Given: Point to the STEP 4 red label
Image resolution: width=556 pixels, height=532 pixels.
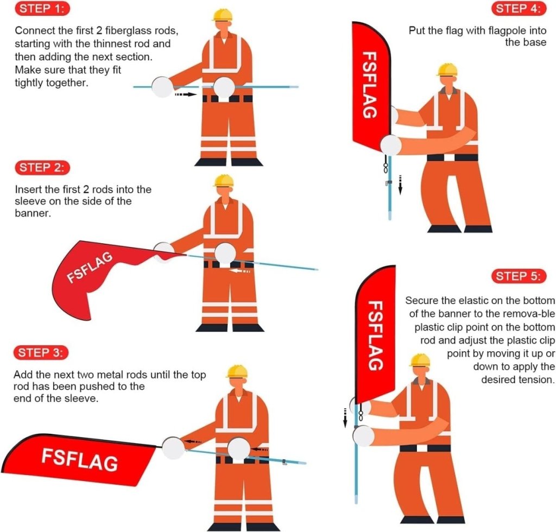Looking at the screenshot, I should tap(518, 9).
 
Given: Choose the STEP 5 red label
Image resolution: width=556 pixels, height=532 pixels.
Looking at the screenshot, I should tap(517, 276).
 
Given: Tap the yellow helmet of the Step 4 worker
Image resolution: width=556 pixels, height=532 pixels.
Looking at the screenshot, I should tap(447, 70).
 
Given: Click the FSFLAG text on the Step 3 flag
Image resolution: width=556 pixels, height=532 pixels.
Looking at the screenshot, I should tap(80, 459).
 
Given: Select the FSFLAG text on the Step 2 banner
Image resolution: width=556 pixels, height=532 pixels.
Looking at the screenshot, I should tap(91, 268).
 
